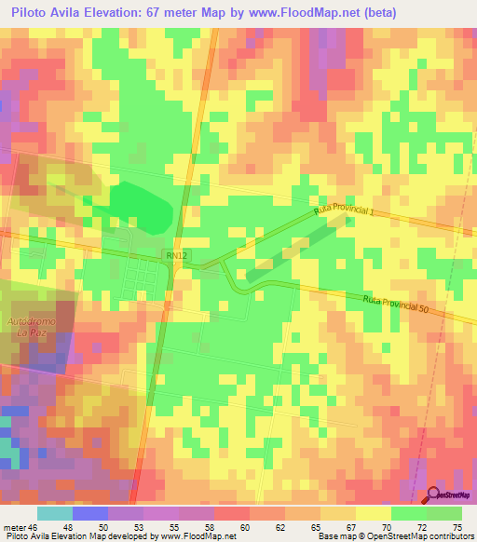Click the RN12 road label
pyautogui.click(x=176, y=254)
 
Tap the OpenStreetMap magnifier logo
pyautogui.click(x=435, y=496)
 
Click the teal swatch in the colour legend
pyautogui.click(x=54, y=513)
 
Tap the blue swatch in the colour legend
pyautogui.click(x=90, y=513)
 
